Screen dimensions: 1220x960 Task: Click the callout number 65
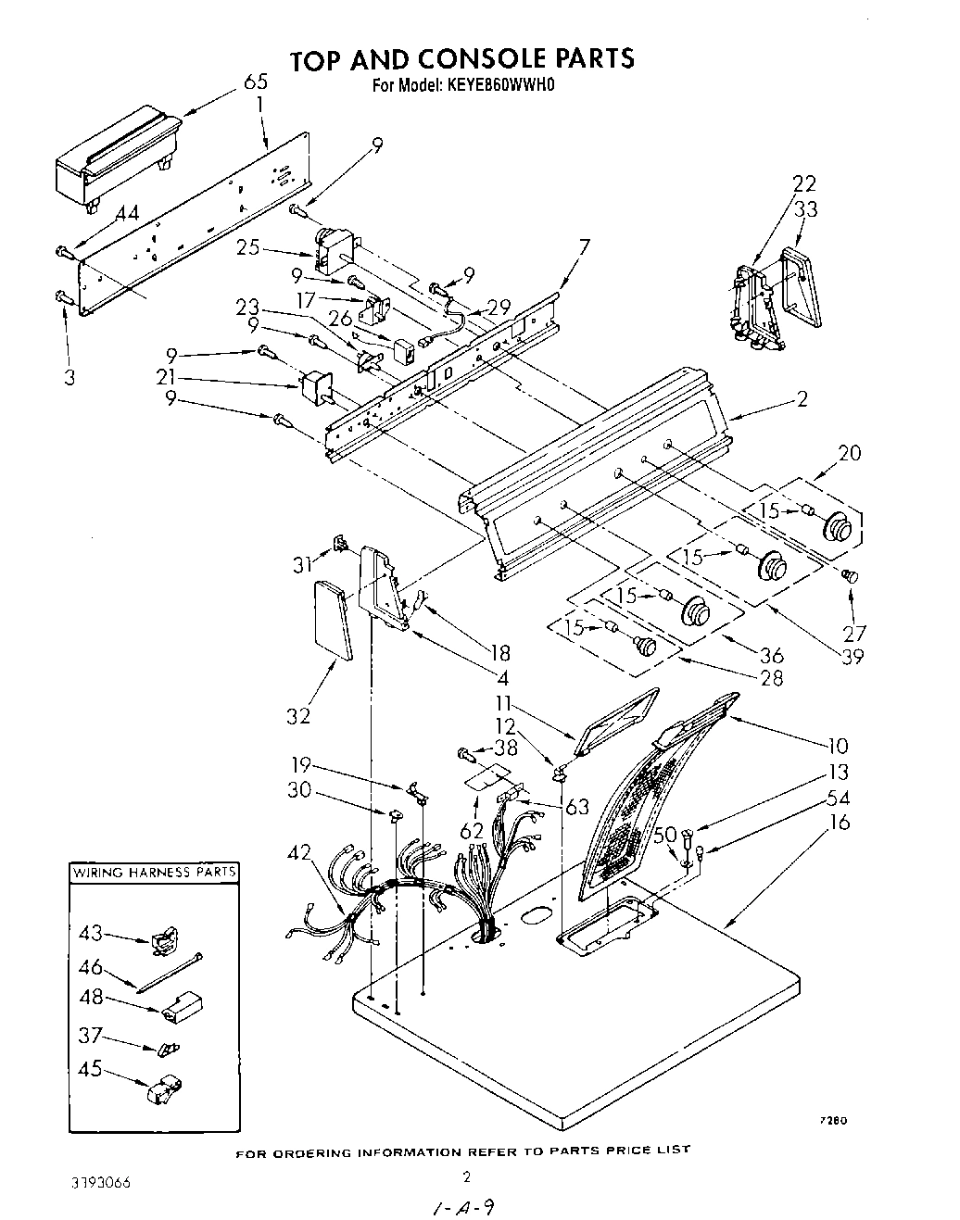pyautogui.click(x=255, y=82)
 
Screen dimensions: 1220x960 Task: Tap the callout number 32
pyautogui.click(x=298, y=716)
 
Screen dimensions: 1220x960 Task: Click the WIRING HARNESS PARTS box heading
pyautogui.click(x=155, y=872)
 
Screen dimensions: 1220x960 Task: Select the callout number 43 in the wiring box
pyautogui.click(x=91, y=936)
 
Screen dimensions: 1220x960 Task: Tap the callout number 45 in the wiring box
pyautogui.click(x=91, y=1067)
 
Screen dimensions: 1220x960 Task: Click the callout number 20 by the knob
pyautogui.click(x=849, y=453)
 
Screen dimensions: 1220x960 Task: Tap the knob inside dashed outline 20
pyautogui.click(x=838, y=527)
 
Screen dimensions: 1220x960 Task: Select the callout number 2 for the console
pyautogui.click(x=802, y=399)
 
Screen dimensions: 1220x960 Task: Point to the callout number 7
pyautogui.click(x=584, y=247)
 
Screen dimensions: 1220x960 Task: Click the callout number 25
pyautogui.click(x=246, y=248)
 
